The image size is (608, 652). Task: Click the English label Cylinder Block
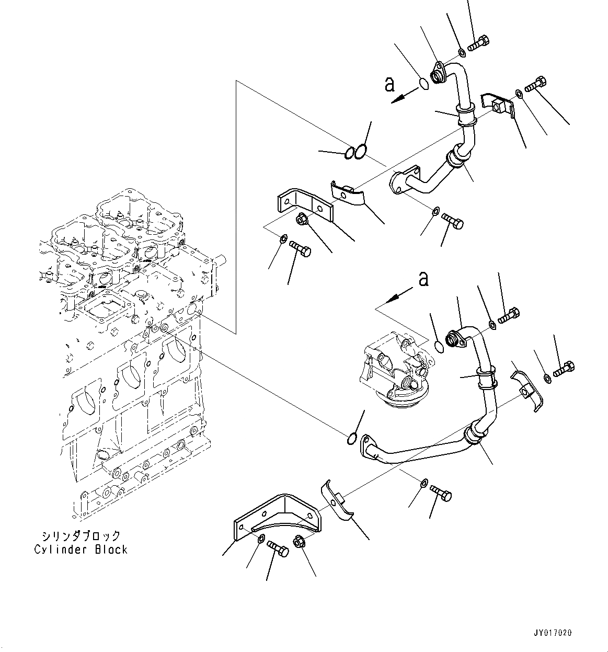[x=81, y=550]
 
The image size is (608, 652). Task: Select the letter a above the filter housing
[x=423, y=279]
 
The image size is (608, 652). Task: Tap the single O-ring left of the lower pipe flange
[x=352, y=438]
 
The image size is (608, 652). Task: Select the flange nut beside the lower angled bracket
[x=300, y=543]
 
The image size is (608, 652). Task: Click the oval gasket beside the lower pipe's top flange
[x=439, y=346]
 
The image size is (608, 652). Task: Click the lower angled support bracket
[x=277, y=515]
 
